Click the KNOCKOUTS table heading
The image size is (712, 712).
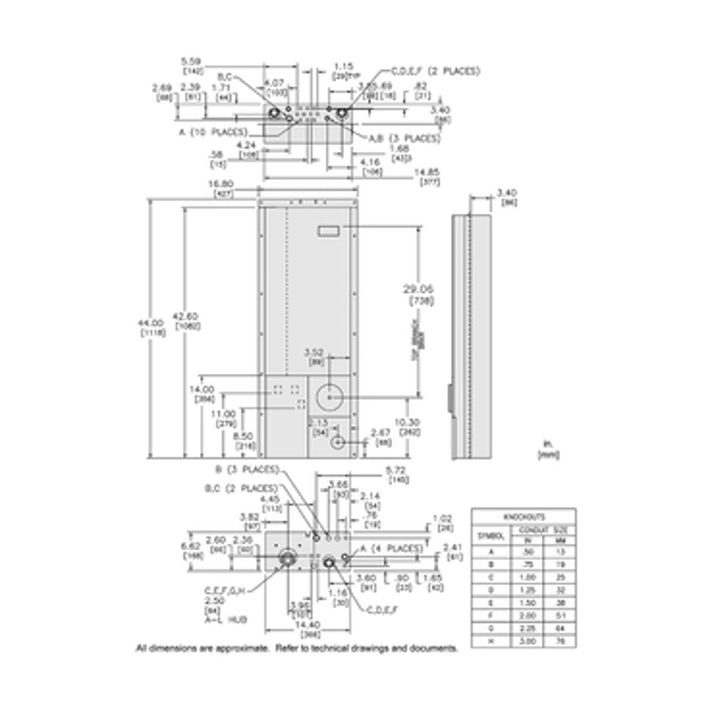[524, 517]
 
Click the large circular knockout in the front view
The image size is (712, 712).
[330, 396]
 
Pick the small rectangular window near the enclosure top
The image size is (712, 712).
[328, 231]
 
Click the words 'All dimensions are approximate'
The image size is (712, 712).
[202, 649]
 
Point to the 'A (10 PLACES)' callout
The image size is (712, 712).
[212, 132]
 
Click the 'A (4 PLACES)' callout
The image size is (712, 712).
[392, 548]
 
